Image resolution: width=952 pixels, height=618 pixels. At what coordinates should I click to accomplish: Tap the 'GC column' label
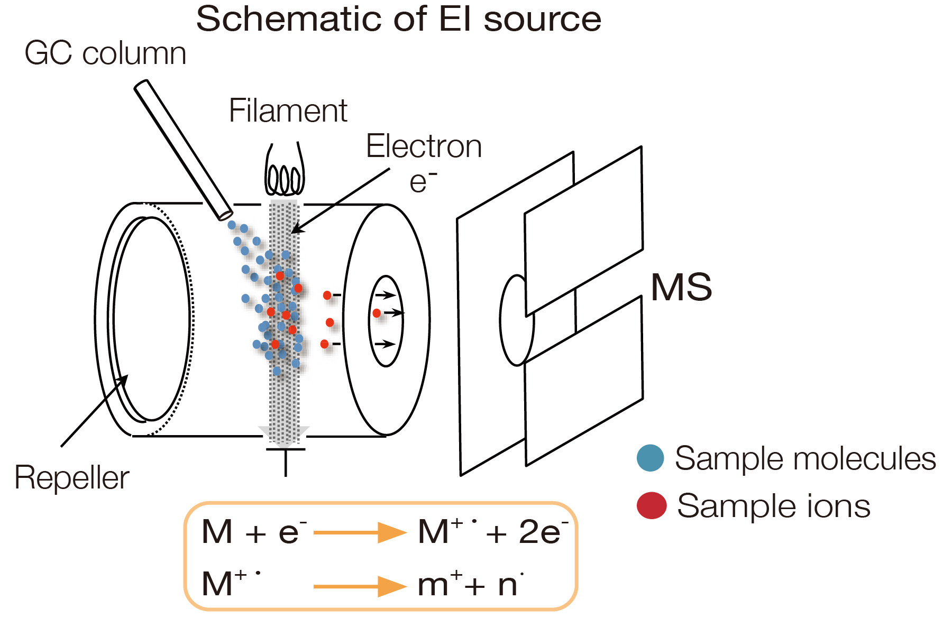point(105,54)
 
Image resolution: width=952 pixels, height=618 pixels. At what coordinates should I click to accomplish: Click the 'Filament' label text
point(288,111)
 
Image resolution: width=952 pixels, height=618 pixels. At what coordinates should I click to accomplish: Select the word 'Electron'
point(424,146)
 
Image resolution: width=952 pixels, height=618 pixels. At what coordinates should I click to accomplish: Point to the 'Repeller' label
point(71,478)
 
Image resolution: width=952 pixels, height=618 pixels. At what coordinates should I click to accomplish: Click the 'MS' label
point(681,288)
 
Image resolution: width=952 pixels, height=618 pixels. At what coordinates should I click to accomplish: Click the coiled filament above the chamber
point(285,177)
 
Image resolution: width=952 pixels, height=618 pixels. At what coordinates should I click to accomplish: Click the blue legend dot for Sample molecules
point(650,458)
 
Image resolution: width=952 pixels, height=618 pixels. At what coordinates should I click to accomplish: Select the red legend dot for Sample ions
point(651,505)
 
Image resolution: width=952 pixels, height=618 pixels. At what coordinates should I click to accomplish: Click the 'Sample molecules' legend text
point(805,458)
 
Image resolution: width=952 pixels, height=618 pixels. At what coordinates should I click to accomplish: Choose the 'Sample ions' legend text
point(773,506)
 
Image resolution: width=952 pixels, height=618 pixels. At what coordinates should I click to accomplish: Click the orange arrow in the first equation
point(360,532)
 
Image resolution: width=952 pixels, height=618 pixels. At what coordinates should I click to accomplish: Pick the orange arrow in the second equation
point(360,586)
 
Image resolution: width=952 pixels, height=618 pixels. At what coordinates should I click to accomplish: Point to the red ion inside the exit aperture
point(377,313)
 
